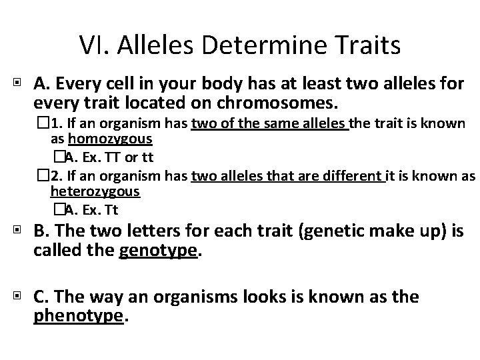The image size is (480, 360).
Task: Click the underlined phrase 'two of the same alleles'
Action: (269, 123)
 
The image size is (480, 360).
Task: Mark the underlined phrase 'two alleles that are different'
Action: (289, 175)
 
